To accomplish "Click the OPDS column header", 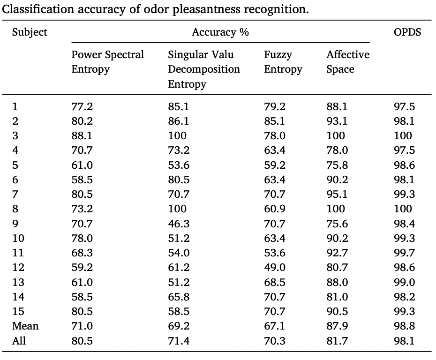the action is tap(407, 32).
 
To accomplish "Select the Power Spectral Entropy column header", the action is tap(108, 62).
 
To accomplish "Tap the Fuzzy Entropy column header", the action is tap(283, 62).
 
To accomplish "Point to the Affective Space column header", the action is tap(348, 62).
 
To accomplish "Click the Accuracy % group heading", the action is tap(220, 32).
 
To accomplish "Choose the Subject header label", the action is tap(30, 32).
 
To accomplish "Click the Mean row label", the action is tap(25, 326).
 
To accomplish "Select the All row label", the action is tap(19, 340).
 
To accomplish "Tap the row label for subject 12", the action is tap(18, 268).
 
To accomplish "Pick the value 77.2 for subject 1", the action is tap(82, 106).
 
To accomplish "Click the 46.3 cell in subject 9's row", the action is tap(179, 224).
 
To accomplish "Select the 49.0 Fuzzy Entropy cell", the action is tap(275, 268).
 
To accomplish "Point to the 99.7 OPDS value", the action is tap(404, 253).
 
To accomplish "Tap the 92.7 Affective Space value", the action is tap(337, 253).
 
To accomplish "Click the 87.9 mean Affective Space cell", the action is tap(337, 326).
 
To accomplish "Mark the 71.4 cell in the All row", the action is tap(179, 340).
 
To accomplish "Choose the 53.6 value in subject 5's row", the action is tap(179, 165).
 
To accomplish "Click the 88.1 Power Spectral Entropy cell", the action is tap(82, 135).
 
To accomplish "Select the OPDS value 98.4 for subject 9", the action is tap(404, 224).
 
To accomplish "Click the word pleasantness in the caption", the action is tap(206, 9).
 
